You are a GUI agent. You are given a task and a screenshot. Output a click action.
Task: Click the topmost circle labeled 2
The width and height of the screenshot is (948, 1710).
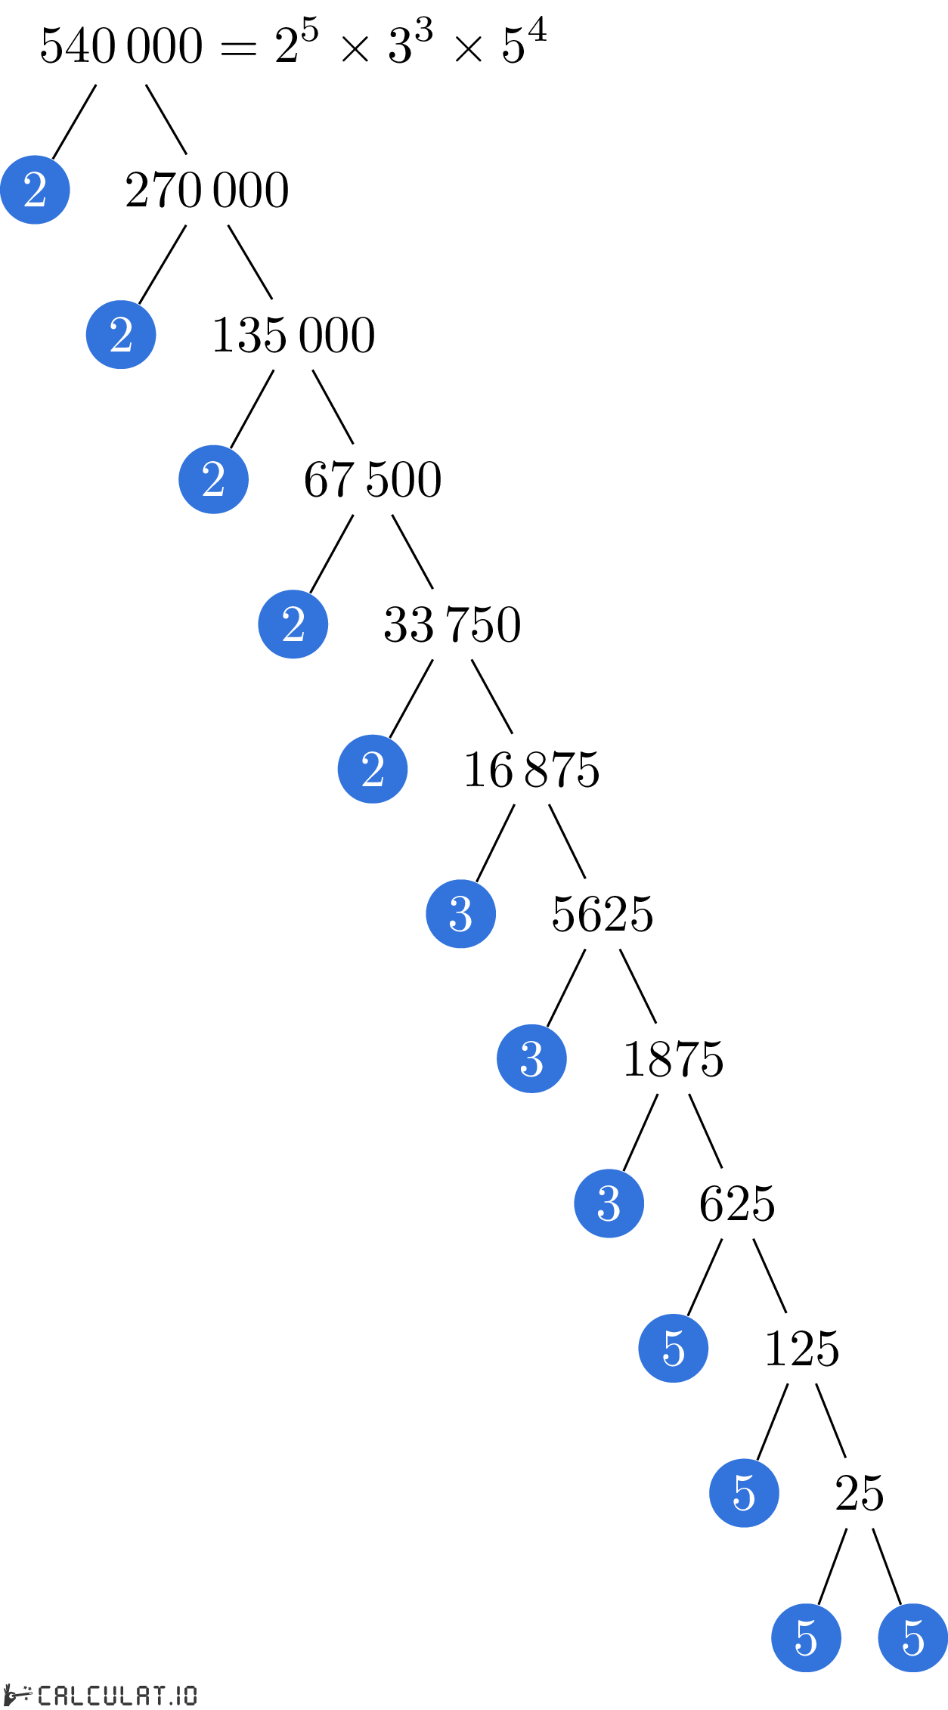[35, 190]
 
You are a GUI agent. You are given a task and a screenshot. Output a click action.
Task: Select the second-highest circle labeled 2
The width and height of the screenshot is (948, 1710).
[121, 335]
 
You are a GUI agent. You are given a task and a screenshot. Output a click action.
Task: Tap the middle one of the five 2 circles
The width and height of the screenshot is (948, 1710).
[213, 479]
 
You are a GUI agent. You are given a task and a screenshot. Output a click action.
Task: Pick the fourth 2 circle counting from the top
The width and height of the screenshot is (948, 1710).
[293, 624]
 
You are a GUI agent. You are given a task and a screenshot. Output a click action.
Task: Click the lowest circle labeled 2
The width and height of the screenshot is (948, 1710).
[373, 769]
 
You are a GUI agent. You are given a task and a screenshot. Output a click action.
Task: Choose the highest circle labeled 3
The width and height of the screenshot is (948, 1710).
[460, 914]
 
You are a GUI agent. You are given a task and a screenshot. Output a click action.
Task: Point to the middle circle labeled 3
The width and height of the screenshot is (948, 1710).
[531, 1058]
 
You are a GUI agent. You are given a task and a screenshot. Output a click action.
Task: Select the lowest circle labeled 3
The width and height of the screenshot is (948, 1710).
[609, 1204]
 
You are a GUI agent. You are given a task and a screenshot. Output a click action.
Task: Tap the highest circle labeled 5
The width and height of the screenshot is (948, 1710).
[673, 1348]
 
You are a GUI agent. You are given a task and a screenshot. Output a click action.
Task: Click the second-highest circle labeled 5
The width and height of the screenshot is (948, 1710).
[744, 1493]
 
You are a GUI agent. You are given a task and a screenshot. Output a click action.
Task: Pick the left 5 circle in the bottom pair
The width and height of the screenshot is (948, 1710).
[806, 1637]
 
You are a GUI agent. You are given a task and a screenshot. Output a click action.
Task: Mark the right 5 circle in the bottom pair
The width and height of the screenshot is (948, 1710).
[912, 1637]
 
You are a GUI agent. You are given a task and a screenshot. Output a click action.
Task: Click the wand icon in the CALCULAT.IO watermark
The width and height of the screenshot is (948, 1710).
[19, 1695]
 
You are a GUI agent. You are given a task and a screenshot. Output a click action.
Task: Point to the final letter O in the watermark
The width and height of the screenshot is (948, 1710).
[189, 1695]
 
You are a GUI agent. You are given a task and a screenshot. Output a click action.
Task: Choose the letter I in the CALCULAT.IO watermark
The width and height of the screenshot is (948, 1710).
[177, 1695]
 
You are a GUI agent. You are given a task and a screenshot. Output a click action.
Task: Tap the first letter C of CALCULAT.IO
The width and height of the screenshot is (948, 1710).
[45, 1695]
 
